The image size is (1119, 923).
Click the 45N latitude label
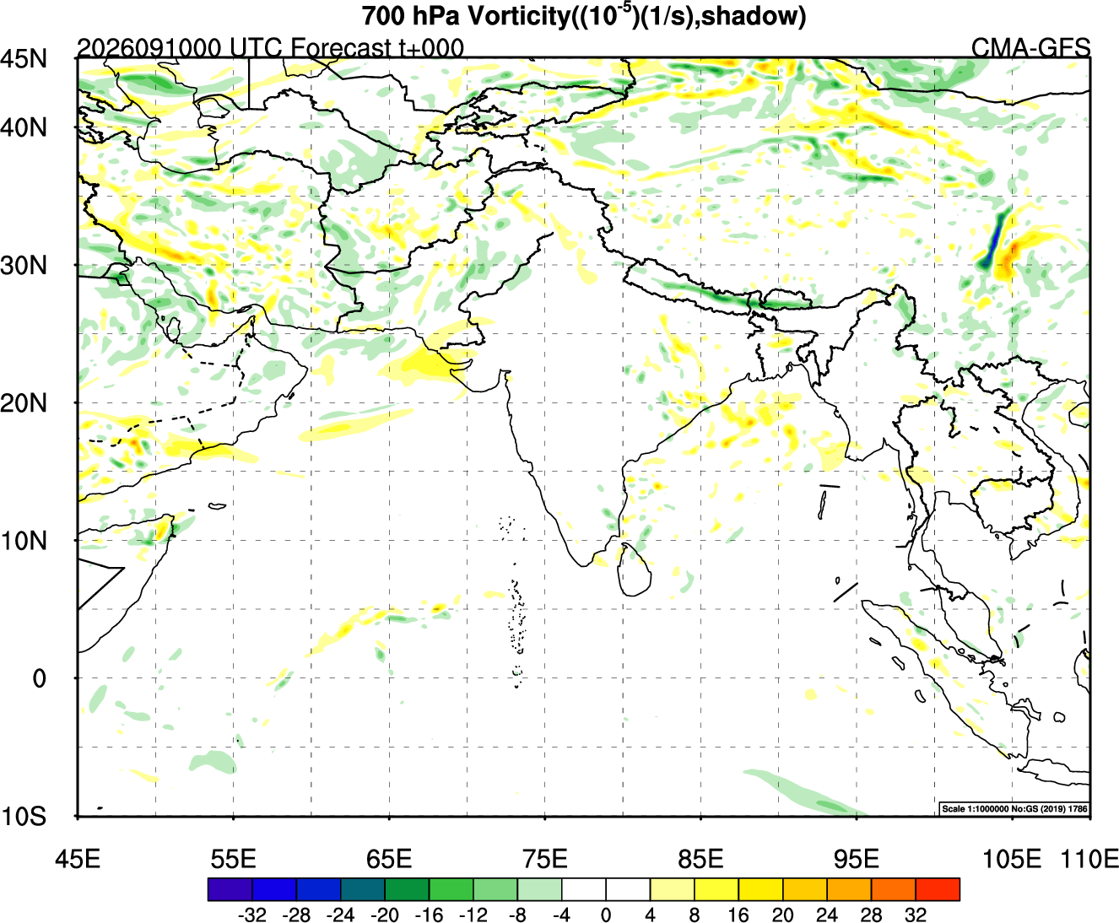[x=24, y=58]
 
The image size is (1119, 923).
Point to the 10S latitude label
[x=24, y=817]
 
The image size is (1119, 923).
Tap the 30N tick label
[x=24, y=265]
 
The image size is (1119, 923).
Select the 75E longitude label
[x=545, y=859]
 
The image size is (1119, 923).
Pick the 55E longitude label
[x=233, y=859]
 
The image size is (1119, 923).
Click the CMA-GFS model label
[x=1030, y=48]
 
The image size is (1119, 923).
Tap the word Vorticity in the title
[x=517, y=16]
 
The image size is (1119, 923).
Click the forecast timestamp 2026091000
[x=149, y=48]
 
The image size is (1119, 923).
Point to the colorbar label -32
[x=251, y=915]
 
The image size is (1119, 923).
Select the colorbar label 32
[x=916, y=915]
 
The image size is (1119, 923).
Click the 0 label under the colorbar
[x=606, y=915]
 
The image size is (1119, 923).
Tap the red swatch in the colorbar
[x=938, y=889]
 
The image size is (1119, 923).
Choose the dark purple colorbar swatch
[x=230, y=889]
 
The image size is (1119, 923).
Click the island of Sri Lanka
[x=634, y=571]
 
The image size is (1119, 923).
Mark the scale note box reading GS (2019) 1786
[x=1014, y=808]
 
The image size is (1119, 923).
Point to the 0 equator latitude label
[x=39, y=678]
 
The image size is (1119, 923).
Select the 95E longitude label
[x=857, y=859]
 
